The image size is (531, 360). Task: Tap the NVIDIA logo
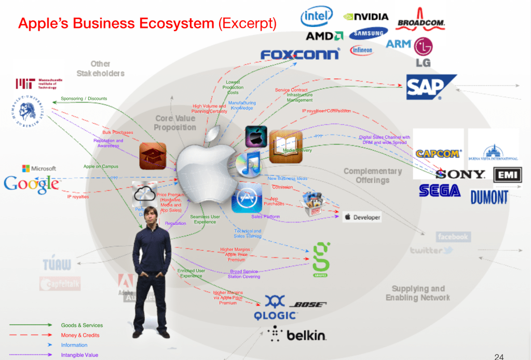(366, 17)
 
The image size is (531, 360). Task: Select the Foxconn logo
(300, 54)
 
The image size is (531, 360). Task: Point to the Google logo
(31, 184)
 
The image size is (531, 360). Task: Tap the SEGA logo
(440, 191)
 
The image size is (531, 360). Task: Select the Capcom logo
(438, 154)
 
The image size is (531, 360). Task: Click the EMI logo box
(508, 175)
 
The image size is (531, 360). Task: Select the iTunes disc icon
(249, 165)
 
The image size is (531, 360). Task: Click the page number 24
(499, 356)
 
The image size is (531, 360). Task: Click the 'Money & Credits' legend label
(80, 335)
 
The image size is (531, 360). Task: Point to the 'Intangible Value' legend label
(79, 355)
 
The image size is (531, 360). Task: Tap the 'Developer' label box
(362, 217)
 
